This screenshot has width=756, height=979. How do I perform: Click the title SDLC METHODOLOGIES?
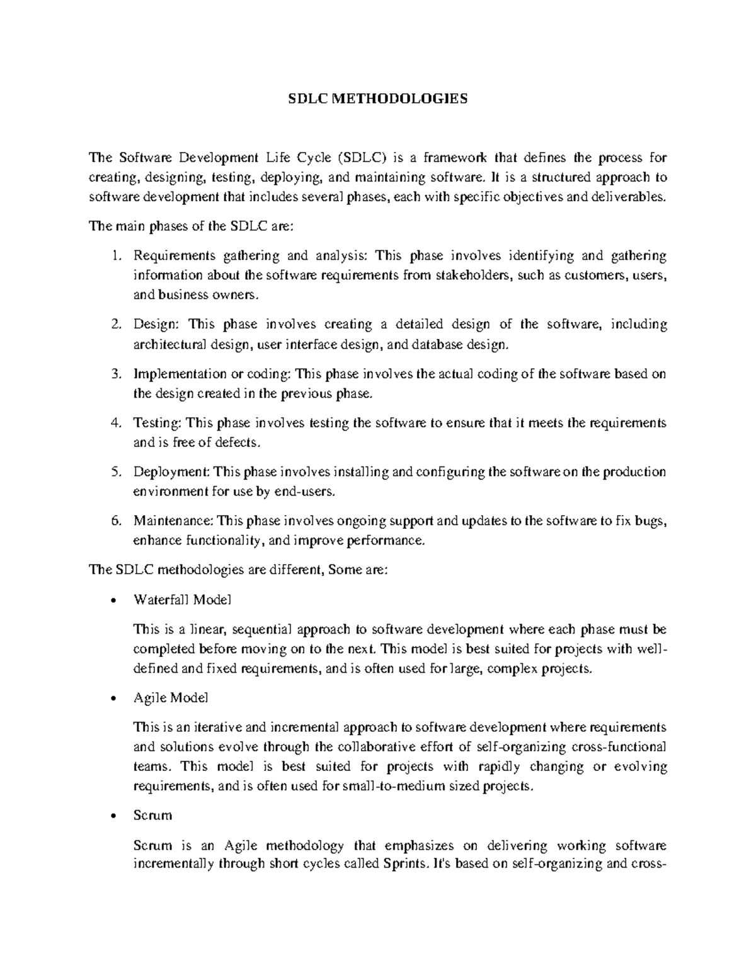point(378,99)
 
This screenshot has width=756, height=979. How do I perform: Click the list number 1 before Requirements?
point(115,256)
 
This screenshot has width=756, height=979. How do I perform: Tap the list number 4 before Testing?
point(115,423)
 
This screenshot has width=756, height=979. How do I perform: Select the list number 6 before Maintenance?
point(115,521)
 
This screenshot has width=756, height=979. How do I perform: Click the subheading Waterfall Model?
point(182,600)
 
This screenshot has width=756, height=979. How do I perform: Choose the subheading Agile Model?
point(171,698)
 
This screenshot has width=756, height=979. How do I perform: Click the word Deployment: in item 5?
point(172,472)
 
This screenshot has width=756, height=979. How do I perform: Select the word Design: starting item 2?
point(156,325)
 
